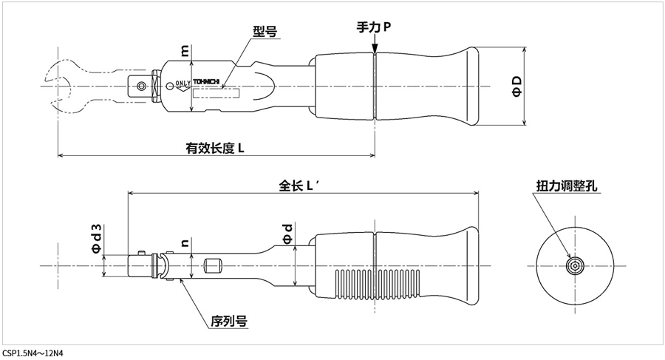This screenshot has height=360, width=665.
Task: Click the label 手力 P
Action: [x=374, y=27]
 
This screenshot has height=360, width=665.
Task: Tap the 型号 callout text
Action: [x=265, y=31]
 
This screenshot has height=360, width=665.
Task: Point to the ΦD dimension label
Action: [x=517, y=86]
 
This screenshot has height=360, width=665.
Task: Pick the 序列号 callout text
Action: [x=229, y=321]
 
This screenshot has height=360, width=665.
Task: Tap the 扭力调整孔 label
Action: [x=567, y=186]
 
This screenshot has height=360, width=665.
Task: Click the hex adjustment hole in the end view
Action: [x=575, y=266]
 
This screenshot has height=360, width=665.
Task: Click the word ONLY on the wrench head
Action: [x=183, y=83]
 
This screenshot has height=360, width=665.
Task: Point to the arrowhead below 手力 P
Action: [x=375, y=49]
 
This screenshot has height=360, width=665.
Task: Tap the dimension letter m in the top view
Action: [x=185, y=51]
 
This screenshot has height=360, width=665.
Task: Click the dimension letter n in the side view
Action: [x=185, y=242]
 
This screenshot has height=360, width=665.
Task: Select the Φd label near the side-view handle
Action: [x=288, y=234]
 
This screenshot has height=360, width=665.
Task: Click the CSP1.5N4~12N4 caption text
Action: [x=33, y=353]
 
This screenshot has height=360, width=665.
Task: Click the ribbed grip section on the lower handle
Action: [x=378, y=285]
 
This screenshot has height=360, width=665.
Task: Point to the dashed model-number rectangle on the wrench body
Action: [x=216, y=93]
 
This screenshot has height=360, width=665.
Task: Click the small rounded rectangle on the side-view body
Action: [x=213, y=266]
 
